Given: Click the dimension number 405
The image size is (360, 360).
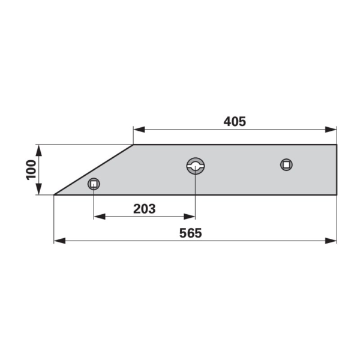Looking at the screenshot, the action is point(235,121).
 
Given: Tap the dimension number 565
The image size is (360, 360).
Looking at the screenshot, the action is point(191,233).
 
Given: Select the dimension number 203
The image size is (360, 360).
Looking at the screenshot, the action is point(145,209).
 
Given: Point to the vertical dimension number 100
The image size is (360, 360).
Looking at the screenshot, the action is point(31,170).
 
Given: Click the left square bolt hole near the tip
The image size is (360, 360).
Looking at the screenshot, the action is point(94,184).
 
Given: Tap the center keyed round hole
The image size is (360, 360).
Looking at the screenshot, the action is point(196,166).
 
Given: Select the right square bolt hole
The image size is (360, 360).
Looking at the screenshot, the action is point(286,164).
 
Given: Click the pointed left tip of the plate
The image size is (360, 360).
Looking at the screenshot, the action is point(54,194).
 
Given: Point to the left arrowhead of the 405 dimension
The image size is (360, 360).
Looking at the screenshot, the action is point(139,130).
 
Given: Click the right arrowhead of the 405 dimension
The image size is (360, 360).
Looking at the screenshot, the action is point(331,130).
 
